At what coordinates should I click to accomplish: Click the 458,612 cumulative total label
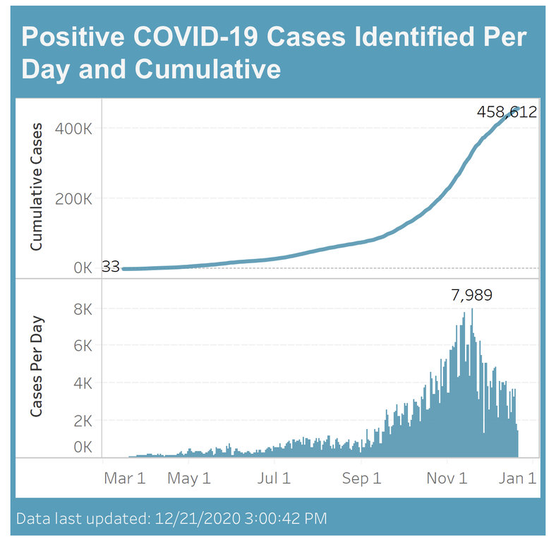click(507, 112)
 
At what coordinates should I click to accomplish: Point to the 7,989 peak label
click(472, 295)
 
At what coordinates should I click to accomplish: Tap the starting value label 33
click(111, 267)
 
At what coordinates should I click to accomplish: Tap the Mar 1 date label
click(124, 478)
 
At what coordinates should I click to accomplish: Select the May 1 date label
click(188, 478)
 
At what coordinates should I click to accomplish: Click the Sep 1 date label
click(361, 478)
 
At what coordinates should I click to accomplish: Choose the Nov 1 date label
click(447, 478)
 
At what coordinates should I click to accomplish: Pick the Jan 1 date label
click(517, 478)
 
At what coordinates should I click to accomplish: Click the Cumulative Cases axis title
click(37, 187)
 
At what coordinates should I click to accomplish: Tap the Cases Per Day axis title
click(37, 367)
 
